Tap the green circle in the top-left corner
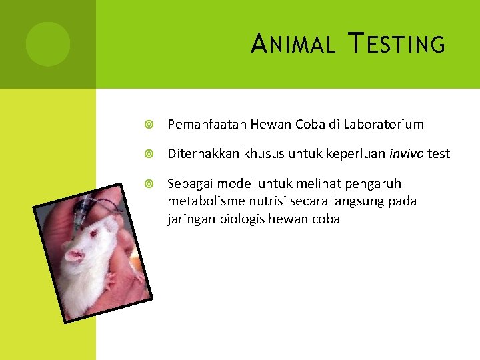point(48,43)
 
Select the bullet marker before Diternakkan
point(150,154)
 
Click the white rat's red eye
point(93,235)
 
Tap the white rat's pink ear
point(74,255)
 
